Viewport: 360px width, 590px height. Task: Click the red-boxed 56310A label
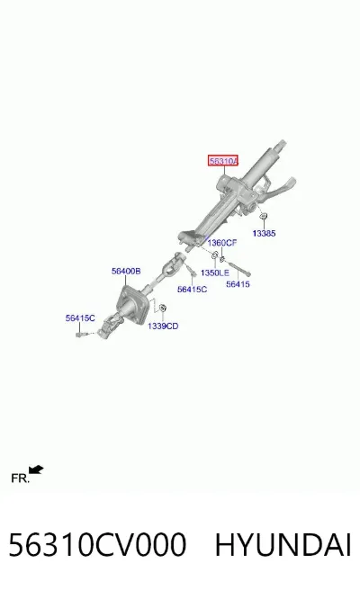tap(223, 161)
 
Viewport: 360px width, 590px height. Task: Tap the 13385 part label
tap(264, 233)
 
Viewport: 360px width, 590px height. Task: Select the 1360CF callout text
tap(222, 243)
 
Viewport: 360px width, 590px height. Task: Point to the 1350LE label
tap(214, 273)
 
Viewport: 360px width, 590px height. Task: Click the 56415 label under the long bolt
tap(238, 284)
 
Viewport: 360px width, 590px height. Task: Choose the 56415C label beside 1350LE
tap(192, 289)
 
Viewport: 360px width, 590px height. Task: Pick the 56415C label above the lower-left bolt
tap(80, 318)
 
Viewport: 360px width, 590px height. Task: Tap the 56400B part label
tap(126, 271)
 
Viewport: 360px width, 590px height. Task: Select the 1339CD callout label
tap(163, 326)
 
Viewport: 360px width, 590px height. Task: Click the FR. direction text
tap(20, 478)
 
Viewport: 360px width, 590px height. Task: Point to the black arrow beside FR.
tap(36, 469)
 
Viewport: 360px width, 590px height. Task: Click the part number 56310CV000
tap(97, 544)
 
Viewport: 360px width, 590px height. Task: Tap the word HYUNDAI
tap(283, 544)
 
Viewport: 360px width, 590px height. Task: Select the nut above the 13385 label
tap(264, 216)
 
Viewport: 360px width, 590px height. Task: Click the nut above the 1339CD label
tap(163, 308)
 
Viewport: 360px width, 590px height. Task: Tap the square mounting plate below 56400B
tap(131, 305)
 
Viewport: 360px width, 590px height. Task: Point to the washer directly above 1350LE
tap(215, 255)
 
